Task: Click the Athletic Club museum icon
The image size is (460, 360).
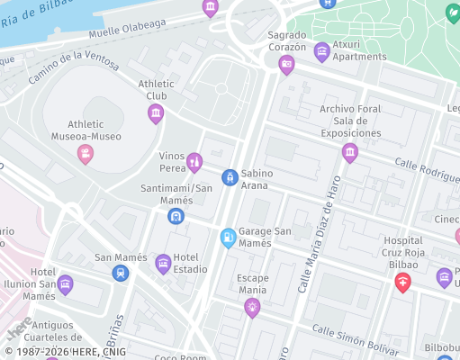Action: pyautogui.click(x=156, y=113)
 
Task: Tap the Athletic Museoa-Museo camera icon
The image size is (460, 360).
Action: pyautogui.click(x=86, y=154)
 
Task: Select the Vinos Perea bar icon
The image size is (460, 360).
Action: pyautogui.click(x=194, y=162)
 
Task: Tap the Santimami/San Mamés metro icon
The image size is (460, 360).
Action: pyautogui.click(x=176, y=216)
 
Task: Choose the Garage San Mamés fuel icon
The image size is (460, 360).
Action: pyautogui.click(x=229, y=238)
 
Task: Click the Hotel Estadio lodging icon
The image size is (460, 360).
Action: pyautogui.click(x=163, y=263)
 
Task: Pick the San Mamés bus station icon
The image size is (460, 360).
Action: pyautogui.click(x=121, y=273)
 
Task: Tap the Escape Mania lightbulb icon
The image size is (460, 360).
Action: pyautogui.click(x=252, y=308)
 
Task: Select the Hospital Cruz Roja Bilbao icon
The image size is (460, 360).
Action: pyautogui.click(x=402, y=283)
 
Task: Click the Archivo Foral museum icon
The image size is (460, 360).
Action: pyautogui.click(x=350, y=153)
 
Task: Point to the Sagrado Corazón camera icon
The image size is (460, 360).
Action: pyautogui.click(x=287, y=64)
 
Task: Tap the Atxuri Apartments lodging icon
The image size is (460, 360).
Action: pyautogui.click(x=321, y=51)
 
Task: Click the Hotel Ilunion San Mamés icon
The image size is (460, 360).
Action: pyautogui.click(x=65, y=285)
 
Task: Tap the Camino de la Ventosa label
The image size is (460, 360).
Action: pyautogui.click(x=74, y=67)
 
